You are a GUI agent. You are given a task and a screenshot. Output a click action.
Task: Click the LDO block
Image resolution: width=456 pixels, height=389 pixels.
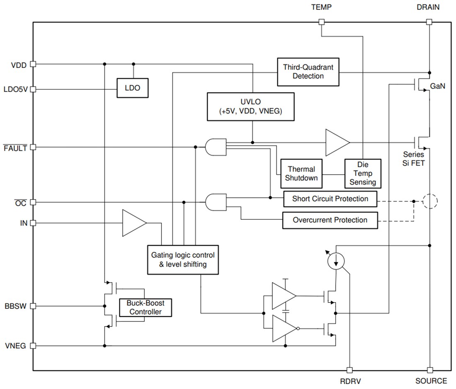[132, 88]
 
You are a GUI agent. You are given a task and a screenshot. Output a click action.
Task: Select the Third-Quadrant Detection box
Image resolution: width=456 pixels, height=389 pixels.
[308, 72]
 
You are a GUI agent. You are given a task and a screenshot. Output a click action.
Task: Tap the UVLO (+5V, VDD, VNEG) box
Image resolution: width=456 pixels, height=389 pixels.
[250, 107]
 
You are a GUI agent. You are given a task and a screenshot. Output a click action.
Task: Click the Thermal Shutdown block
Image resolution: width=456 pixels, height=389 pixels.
[301, 173]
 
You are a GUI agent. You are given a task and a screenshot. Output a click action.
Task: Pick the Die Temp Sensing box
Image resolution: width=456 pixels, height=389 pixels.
[363, 173]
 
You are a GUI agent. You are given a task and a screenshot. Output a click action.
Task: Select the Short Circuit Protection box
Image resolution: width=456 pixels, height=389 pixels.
[330, 199]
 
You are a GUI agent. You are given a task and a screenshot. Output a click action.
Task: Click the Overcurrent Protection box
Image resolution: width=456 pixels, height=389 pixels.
[330, 220]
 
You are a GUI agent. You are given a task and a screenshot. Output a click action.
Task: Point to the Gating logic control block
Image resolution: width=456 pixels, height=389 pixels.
[183, 259]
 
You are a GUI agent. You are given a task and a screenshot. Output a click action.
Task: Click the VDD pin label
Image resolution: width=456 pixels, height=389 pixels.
[19, 65]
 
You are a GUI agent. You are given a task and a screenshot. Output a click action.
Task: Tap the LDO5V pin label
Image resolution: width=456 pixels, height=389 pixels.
[15, 89]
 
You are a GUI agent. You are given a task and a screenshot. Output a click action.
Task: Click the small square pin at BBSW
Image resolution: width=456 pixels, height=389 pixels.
[34, 307]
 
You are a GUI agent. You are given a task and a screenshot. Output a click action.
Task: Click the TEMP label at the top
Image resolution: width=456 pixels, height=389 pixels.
[321, 7]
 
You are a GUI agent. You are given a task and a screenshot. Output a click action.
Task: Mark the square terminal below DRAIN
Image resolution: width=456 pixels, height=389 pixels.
[429, 22]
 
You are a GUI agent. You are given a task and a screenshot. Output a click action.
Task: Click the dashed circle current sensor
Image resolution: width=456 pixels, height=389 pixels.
[430, 202]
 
